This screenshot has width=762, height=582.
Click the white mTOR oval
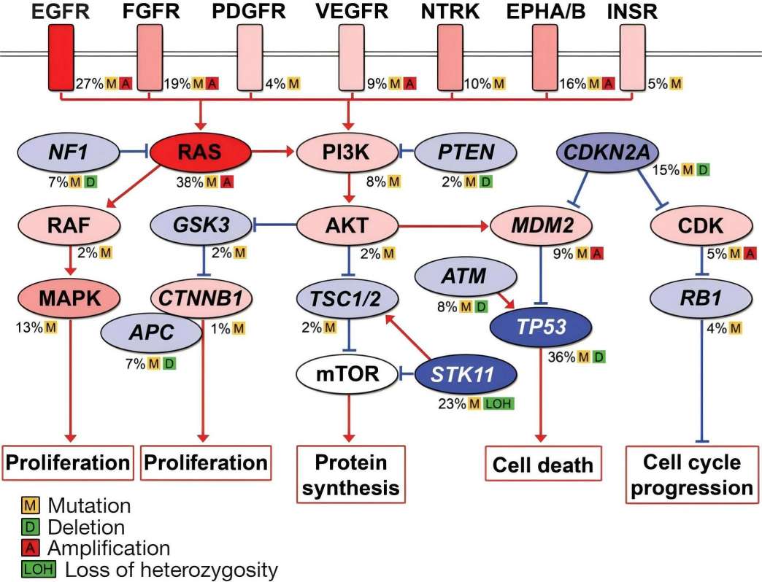pos(347,375)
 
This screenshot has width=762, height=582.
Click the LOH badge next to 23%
pos(499,403)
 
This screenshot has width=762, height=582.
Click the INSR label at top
pos(634,12)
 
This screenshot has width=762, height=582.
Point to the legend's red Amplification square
pos(31,548)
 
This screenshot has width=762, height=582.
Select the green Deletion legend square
pos(31,527)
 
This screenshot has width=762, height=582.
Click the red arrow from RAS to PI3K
pos(274,152)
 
